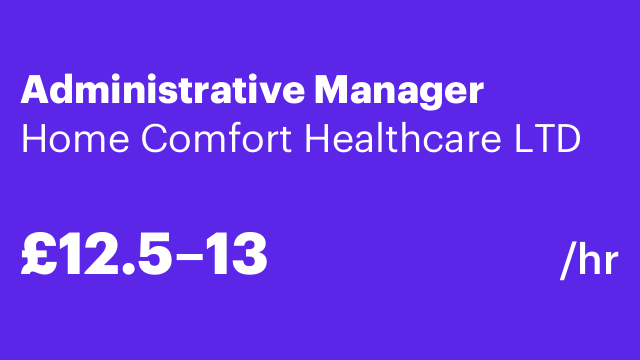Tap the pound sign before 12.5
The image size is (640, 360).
click(36, 255)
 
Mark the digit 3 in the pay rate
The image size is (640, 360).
click(250, 255)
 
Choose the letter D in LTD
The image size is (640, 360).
click(566, 139)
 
